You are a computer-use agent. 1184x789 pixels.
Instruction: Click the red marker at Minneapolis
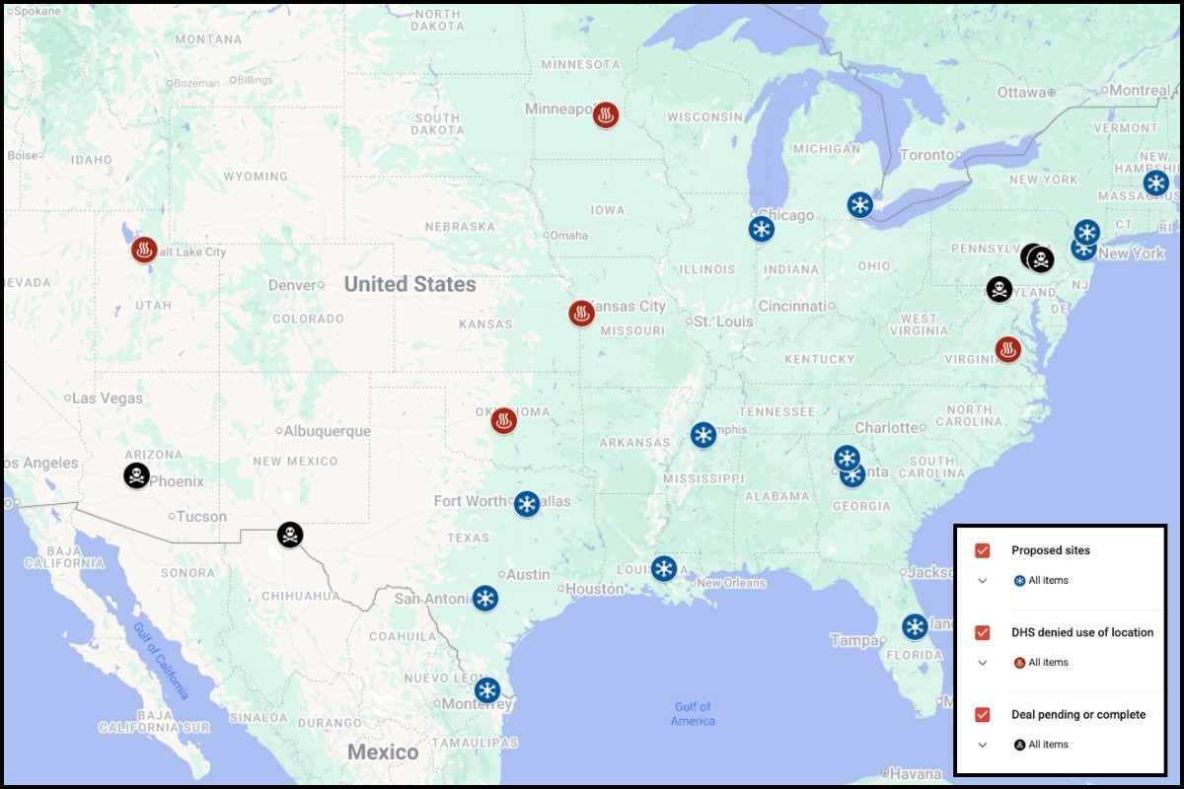(606, 115)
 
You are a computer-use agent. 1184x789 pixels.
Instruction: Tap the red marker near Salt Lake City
(145, 250)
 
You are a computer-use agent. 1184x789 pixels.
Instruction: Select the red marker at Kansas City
(582, 314)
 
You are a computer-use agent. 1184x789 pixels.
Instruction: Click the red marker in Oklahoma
(504, 421)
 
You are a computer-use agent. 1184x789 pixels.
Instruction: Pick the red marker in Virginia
(1007, 349)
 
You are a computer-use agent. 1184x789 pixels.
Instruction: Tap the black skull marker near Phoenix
(137, 475)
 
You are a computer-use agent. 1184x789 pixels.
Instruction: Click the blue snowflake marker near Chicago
(761, 229)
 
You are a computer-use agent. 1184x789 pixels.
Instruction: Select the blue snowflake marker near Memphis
(703, 435)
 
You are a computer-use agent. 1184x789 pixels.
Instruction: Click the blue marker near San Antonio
(484, 598)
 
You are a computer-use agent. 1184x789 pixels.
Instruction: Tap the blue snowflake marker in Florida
(915, 626)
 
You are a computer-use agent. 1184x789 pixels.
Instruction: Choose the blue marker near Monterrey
(486, 689)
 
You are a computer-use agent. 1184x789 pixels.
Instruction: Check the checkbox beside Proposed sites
(982, 550)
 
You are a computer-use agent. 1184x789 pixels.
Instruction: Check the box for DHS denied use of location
(982, 632)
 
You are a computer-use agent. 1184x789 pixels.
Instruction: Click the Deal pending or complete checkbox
(982, 714)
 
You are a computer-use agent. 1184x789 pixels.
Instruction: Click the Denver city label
(292, 285)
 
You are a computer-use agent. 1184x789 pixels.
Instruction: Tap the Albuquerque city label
(327, 431)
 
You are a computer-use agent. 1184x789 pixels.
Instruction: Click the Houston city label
(595, 589)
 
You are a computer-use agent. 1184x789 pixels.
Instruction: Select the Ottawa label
(1020, 92)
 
